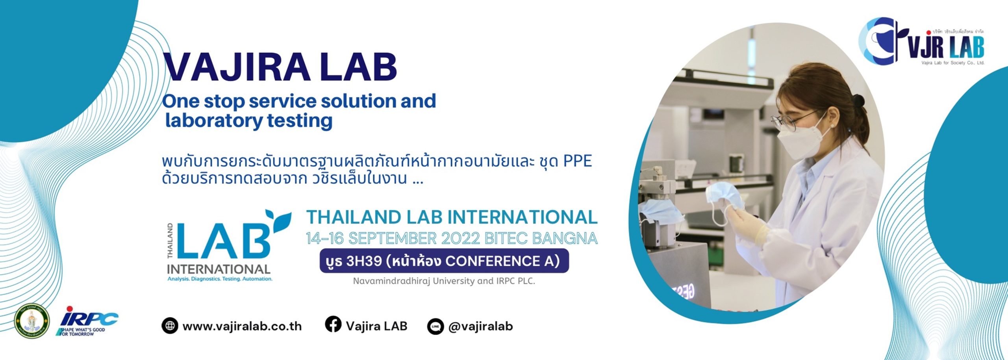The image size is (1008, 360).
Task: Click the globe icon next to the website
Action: pos(170,326)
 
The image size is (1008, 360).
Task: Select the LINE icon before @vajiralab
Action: pos(435,327)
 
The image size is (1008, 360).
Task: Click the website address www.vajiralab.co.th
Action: pos(242,327)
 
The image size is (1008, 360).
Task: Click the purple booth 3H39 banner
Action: pos(444,261)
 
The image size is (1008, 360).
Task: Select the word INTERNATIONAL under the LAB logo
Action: pos(219,269)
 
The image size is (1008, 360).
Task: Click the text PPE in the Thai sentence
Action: pos(578,161)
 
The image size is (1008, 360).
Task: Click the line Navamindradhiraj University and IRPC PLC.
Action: pos(444,281)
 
